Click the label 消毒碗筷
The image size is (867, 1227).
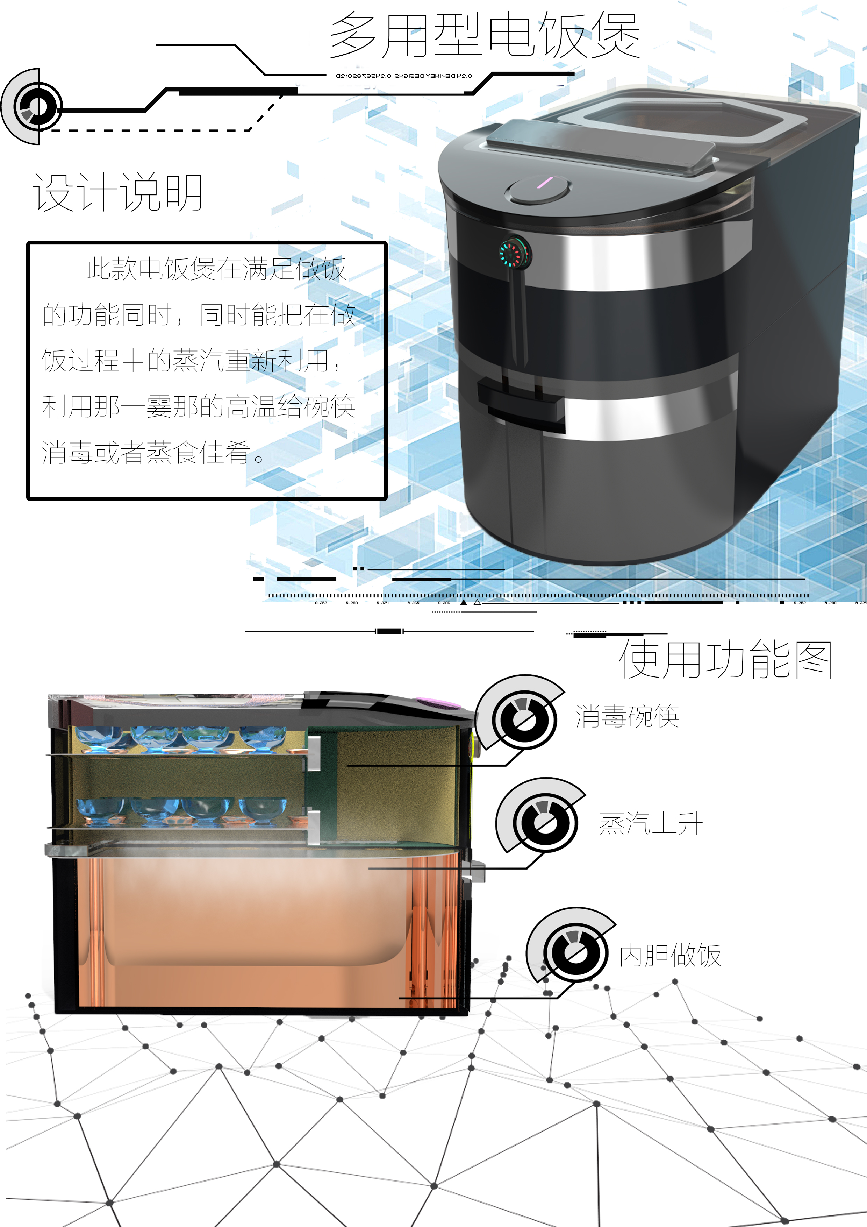click(x=626, y=716)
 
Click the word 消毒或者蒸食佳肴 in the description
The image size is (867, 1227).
click(x=146, y=452)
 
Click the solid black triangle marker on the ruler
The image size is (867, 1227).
click(x=464, y=602)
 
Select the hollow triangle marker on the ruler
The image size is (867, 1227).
click(x=477, y=602)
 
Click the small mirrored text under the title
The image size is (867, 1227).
click(x=404, y=76)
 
